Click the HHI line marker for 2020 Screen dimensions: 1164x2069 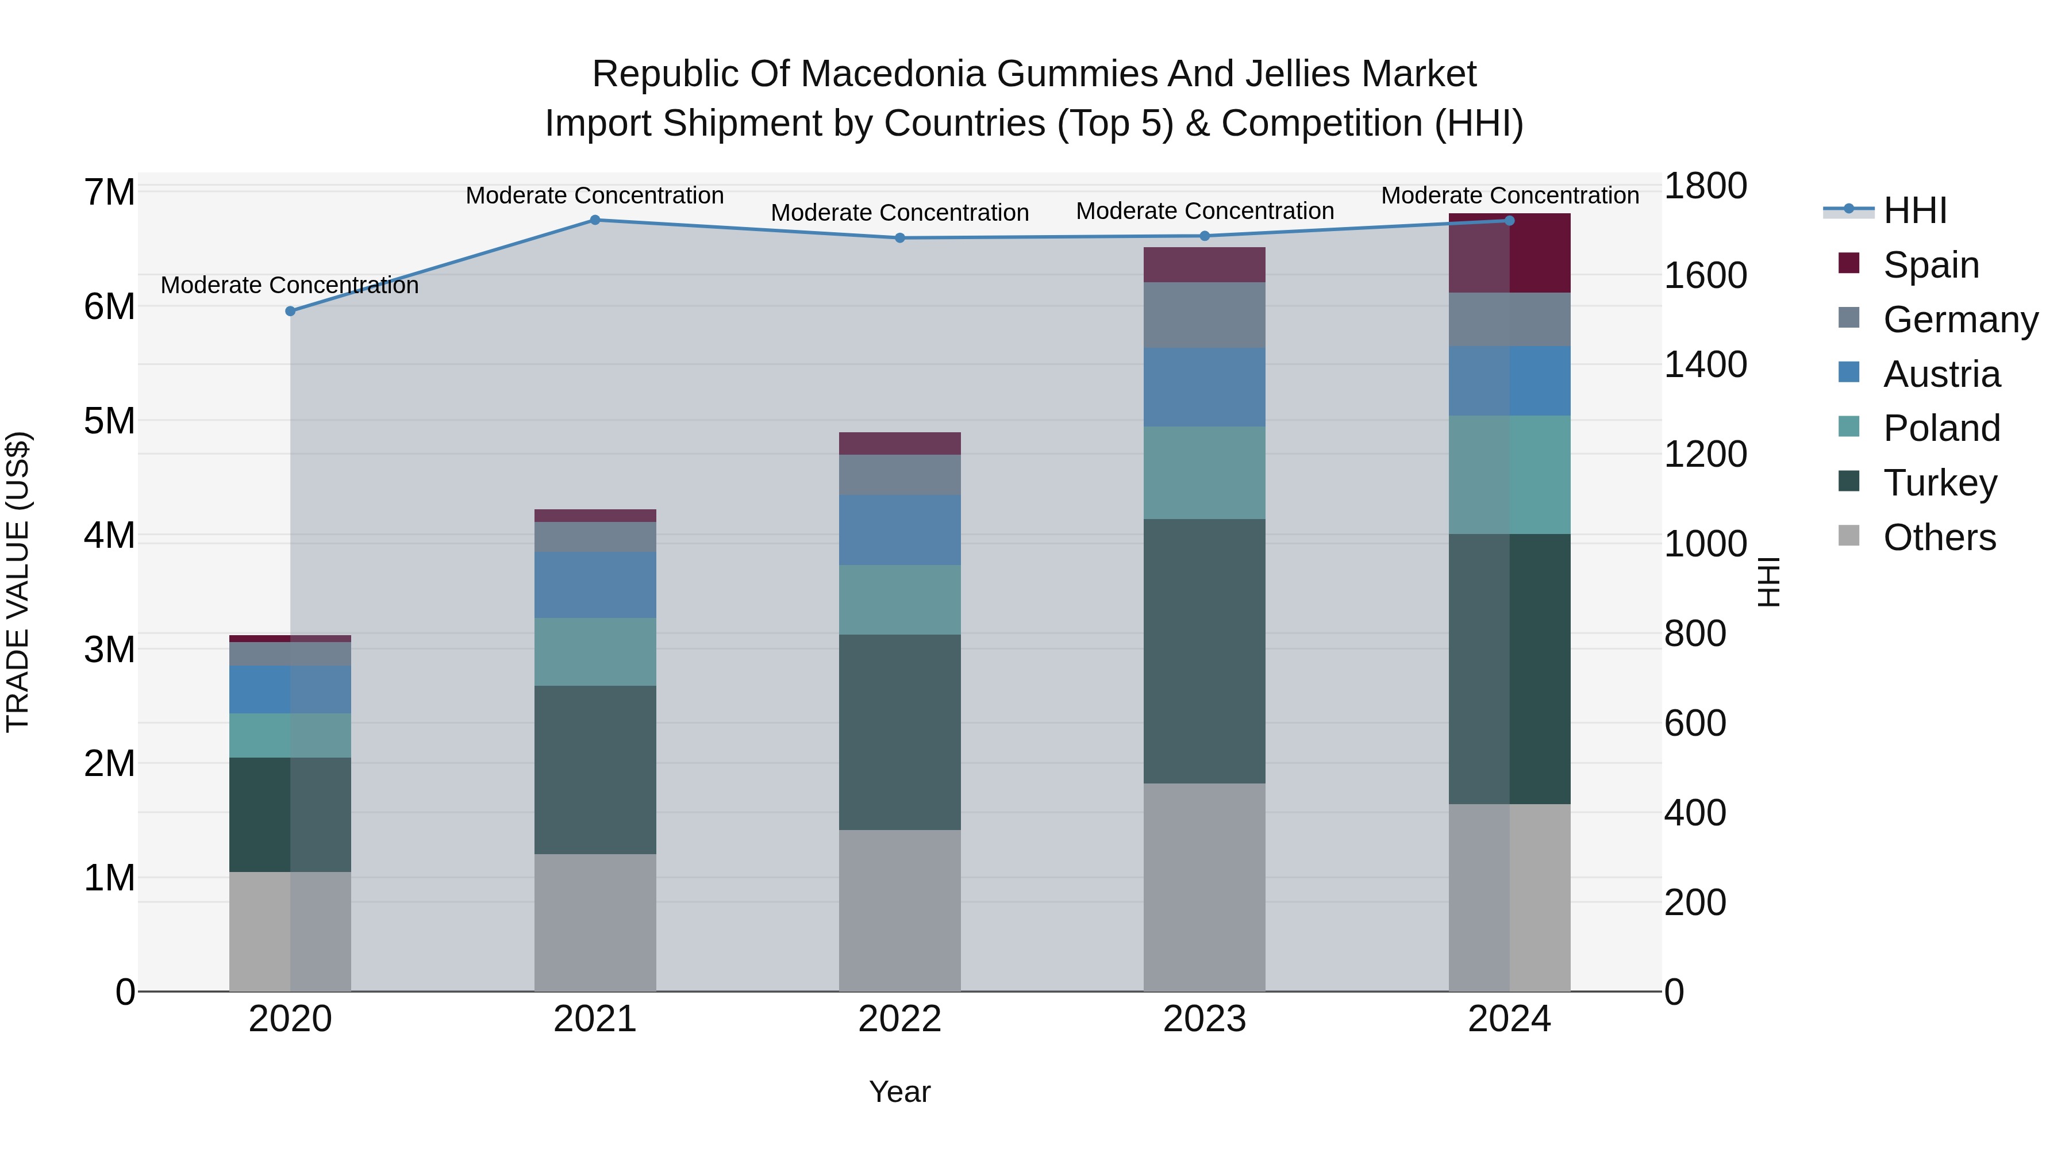[291, 311]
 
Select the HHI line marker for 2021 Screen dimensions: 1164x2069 [595, 220]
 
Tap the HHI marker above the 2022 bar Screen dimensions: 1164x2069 [899, 238]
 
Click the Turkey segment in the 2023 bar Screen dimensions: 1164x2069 [1204, 651]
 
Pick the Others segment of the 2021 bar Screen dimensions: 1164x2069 [595, 921]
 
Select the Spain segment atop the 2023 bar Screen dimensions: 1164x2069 [1204, 264]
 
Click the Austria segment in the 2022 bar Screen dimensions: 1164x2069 [899, 529]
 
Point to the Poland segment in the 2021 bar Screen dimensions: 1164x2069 [595, 651]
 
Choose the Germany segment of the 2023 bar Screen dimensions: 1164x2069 [1204, 315]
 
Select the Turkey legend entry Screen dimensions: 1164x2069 [1940, 483]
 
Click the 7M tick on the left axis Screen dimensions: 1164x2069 [110, 193]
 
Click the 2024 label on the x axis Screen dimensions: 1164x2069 [1509, 1019]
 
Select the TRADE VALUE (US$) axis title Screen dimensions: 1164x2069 [18, 582]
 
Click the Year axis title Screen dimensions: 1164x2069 [899, 1092]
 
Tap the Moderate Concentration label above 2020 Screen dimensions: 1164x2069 [290, 285]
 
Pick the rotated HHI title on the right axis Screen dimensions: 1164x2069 [1768, 582]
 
